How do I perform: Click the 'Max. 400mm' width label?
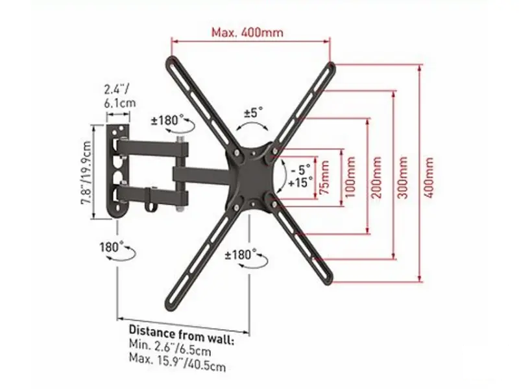coord(247,32)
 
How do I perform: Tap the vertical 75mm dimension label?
coord(325,177)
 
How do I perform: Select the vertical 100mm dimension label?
coord(350,177)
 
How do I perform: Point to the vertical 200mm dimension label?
coord(376,177)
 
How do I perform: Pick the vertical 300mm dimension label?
coord(402,177)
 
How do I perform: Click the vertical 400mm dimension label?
coord(428,177)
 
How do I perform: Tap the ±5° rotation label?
coord(254,112)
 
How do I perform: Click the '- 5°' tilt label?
coord(300,170)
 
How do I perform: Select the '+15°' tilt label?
coord(300,182)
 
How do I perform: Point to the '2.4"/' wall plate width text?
coord(117,89)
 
